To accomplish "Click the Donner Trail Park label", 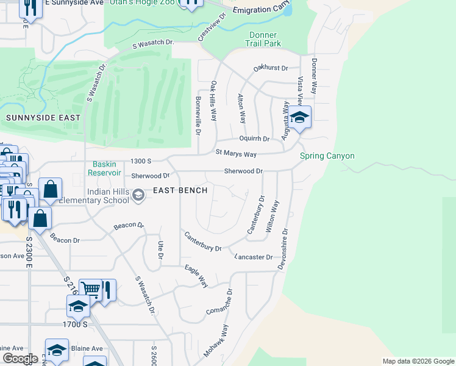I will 263,39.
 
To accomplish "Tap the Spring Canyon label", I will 327,156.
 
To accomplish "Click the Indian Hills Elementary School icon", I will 138,195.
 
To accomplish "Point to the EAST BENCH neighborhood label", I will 180,190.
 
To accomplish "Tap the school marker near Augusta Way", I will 299,117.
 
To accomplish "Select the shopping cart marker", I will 91,289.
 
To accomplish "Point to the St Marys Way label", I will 236,154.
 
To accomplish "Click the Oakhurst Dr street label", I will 271,68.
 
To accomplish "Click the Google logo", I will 20,359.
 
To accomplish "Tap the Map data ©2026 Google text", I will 418,361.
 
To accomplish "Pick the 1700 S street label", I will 75,324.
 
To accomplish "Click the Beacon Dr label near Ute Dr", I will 129,226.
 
